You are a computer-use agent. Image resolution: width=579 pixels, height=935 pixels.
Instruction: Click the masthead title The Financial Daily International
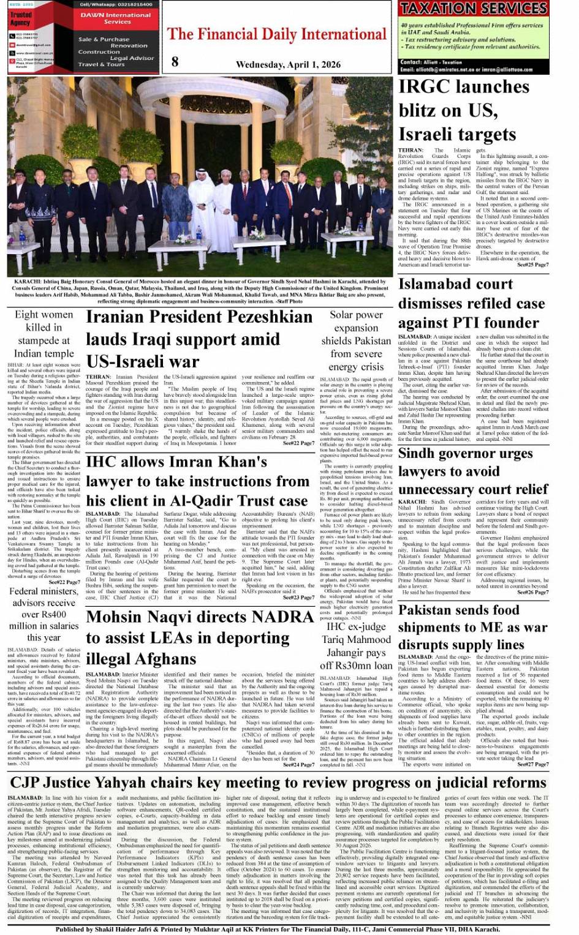click(277, 34)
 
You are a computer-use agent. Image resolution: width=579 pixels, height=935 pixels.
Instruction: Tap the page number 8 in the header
click(175, 61)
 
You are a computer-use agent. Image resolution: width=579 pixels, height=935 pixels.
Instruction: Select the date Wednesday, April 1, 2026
click(288, 64)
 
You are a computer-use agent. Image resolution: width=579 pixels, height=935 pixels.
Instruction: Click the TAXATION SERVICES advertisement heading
click(473, 9)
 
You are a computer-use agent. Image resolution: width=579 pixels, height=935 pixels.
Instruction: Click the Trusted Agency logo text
click(20, 18)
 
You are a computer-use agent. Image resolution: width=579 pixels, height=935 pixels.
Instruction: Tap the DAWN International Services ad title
click(116, 18)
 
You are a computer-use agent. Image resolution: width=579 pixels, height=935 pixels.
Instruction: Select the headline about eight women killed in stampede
click(44, 334)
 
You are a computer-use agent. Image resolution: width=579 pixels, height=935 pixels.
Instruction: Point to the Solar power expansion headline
click(356, 340)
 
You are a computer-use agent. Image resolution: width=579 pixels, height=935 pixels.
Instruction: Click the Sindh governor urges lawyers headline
click(472, 471)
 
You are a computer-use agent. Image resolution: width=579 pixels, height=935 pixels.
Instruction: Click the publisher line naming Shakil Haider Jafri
click(277, 929)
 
